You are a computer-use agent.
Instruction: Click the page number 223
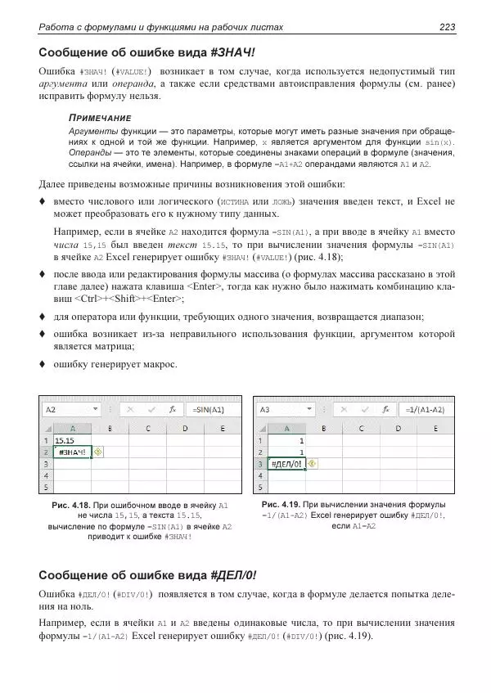(447, 27)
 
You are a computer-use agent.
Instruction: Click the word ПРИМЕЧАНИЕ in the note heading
(99, 119)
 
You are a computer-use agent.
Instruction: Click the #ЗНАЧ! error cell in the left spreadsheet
(72, 451)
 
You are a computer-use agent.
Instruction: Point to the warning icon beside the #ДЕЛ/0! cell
(312, 463)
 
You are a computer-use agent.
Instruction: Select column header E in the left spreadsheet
(210, 427)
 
